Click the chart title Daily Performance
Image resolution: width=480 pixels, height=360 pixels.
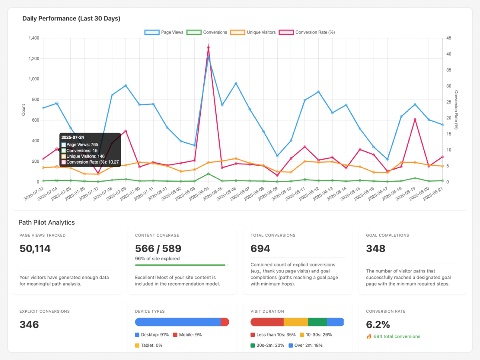[71, 18]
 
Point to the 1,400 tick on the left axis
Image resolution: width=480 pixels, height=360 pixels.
[34, 38]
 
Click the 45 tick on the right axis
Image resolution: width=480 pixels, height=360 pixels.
[449, 38]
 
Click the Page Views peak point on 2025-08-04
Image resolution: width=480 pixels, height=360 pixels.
[208, 57]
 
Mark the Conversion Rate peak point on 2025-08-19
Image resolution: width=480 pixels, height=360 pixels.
[415, 119]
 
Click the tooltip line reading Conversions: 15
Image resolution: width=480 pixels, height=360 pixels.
[82, 150]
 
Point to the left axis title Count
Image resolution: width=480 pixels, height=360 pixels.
[23, 110]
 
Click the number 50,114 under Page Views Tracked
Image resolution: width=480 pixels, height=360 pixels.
[35, 249]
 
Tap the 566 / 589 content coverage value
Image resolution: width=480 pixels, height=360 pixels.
[158, 249]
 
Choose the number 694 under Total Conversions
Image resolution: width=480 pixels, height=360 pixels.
[260, 249]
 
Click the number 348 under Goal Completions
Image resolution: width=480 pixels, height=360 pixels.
[376, 249]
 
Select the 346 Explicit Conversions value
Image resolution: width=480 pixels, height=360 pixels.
[29, 324]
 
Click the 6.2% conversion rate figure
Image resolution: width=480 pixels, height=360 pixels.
[378, 324]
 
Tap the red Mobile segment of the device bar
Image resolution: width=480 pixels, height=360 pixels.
[225, 322]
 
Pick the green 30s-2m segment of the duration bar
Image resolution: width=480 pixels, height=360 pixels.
[318, 322]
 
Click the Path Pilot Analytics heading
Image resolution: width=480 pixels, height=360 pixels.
[46, 222]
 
